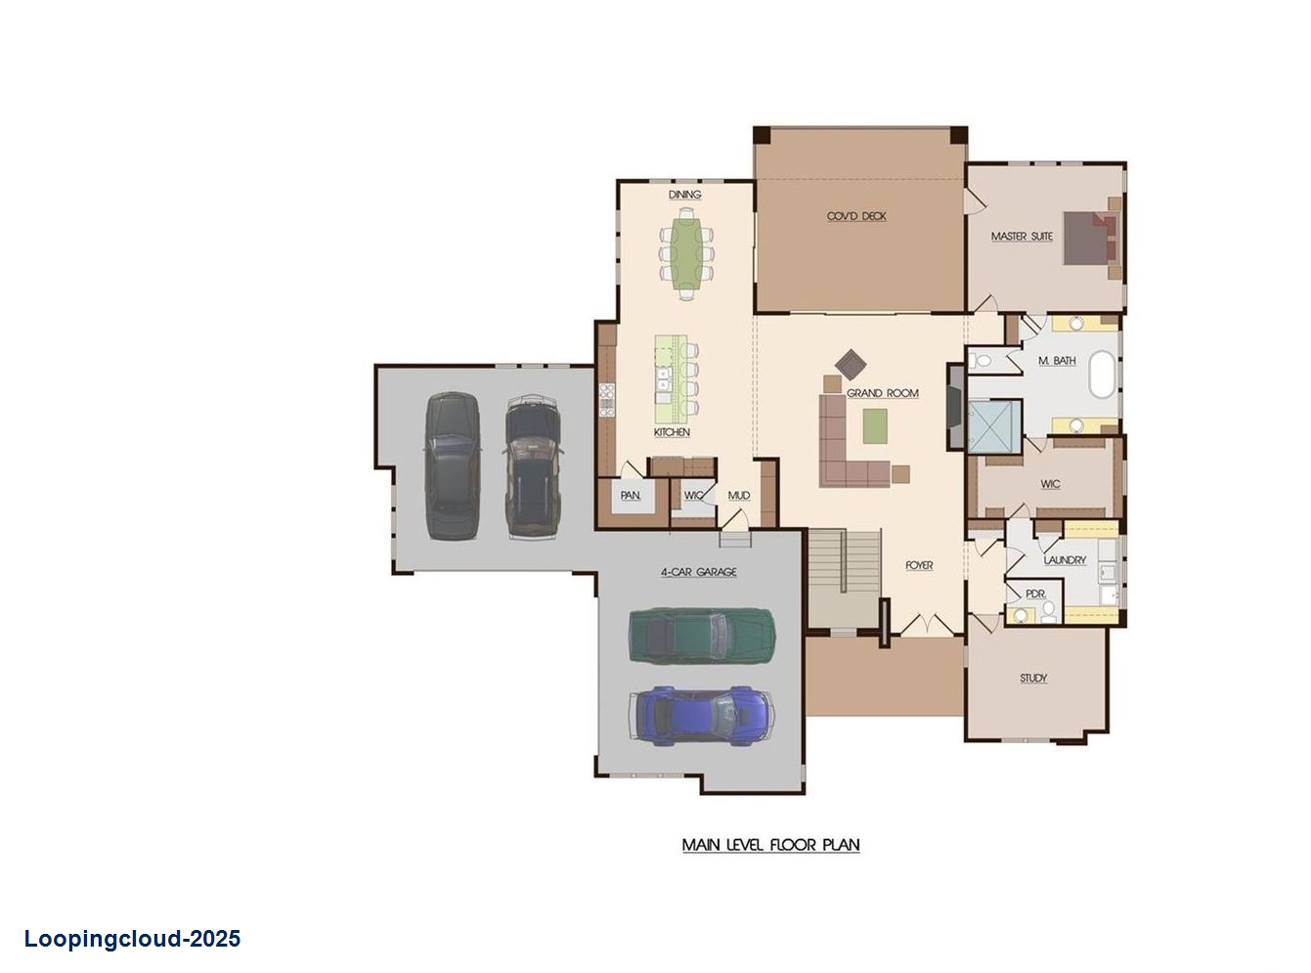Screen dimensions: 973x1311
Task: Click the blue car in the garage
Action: coord(703,714)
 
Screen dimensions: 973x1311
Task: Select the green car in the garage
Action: coord(701,637)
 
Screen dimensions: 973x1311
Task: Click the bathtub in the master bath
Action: coord(1103,375)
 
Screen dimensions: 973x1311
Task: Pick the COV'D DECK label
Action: coord(856,216)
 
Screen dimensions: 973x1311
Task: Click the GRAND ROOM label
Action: coord(882,393)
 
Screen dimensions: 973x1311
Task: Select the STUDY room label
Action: coord(1033,678)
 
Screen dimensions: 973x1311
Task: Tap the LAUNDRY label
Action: coord(1065,560)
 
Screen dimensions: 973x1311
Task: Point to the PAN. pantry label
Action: coord(631,496)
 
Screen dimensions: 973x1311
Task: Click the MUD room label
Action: coord(739,496)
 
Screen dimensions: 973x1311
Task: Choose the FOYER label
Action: coord(919,565)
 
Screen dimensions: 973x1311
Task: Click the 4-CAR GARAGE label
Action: coord(698,572)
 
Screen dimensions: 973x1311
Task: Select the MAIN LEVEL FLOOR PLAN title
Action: coord(770,845)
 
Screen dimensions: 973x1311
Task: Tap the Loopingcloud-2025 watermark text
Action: coord(132,940)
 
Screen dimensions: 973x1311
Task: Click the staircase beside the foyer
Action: coord(844,577)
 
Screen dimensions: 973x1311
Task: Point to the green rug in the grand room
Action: coord(874,426)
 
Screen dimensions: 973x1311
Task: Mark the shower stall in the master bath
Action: coord(993,423)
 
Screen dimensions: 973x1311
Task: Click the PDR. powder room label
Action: coord(1035,594)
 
